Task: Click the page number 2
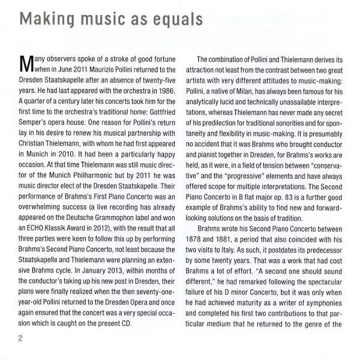20,338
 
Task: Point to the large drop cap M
26,62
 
